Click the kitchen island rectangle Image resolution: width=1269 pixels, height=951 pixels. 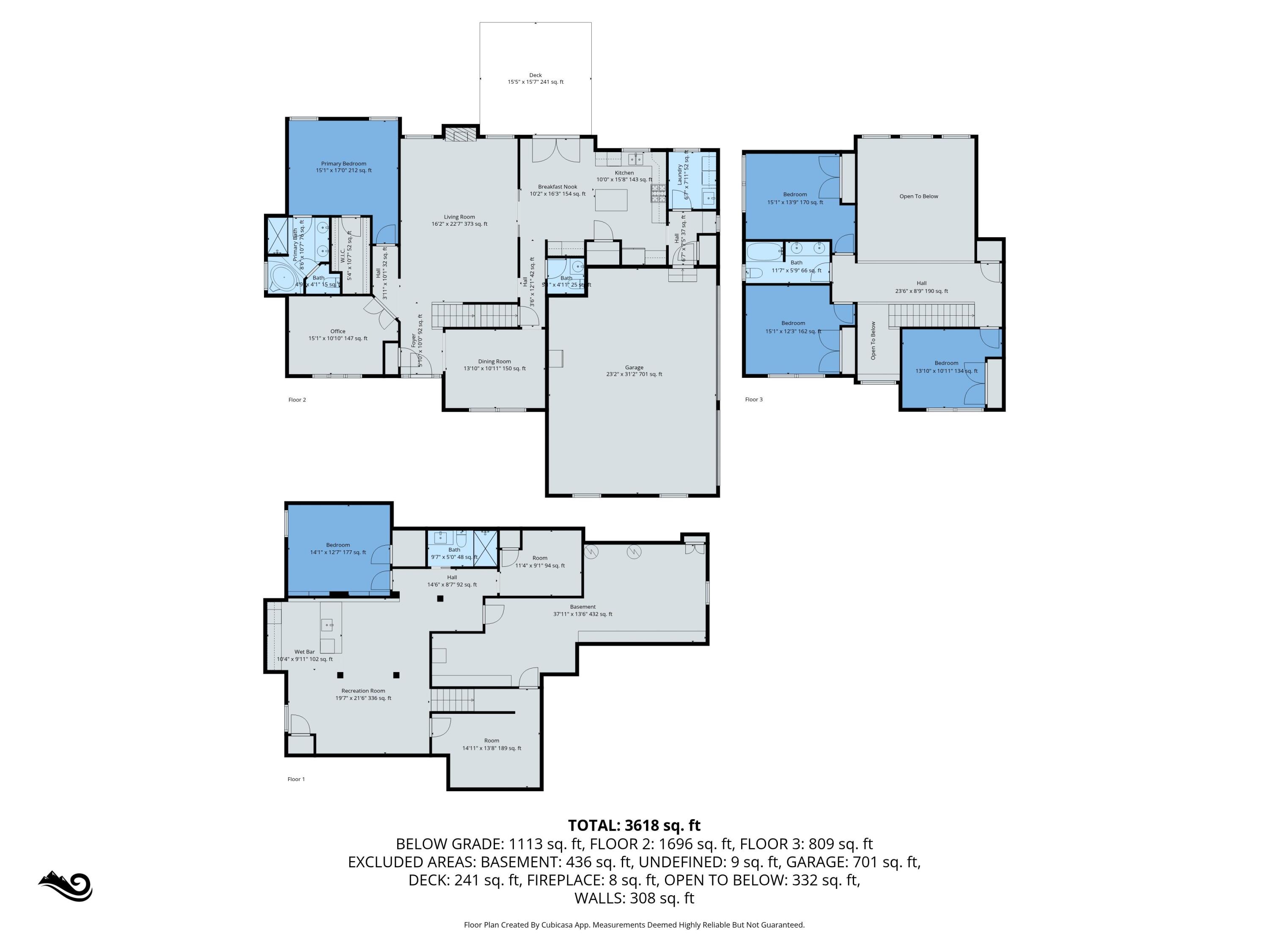(x=611, y=200)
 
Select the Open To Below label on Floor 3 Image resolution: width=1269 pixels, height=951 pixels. (x=918, y=196)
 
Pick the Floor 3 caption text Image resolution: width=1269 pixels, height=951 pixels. (x=754, y=399)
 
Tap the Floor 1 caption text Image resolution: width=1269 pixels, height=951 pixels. (x=296, y=779)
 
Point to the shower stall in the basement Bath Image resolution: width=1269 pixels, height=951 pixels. (x=485, y=549)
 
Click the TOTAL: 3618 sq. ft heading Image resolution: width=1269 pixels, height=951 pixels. (x=634, y=825)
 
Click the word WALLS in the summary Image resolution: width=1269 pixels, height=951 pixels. (x=599, y=898)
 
